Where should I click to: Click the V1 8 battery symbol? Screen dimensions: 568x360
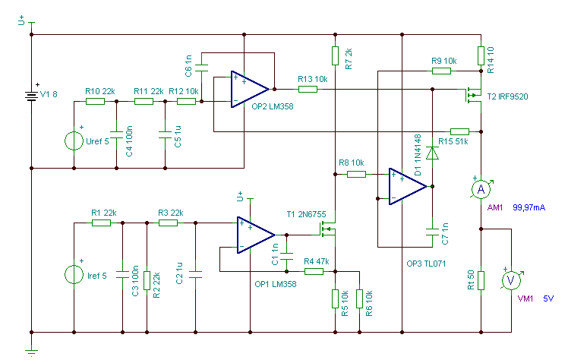(x=32, y=96)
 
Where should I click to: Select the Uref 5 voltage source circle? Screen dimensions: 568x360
(x=74, y=141)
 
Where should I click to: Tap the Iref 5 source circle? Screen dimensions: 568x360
(x=74, y=274)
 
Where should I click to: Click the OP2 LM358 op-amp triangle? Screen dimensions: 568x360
(x=250, y=89)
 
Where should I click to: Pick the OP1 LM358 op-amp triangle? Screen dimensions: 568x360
(x=256, y=235)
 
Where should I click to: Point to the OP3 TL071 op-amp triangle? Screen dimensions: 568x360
(x=408, y=187)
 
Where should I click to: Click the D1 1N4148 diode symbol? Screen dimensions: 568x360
(x=432, y=153)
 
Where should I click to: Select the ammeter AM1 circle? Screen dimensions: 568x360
(x=481, y=189)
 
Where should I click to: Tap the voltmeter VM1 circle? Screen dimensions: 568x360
(x=511, y=280)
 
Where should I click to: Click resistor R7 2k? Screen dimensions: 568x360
(x=335, y=55)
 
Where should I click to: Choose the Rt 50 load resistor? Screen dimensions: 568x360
(x=481, y=280)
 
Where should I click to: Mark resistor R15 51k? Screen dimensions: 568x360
(x=459, y=131)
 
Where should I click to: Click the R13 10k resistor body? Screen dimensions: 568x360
(x=308, y=89)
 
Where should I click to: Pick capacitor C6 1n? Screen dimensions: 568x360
(x=201, y=68)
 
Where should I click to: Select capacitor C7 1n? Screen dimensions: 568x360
(x=432, y=232)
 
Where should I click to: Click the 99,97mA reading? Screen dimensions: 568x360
(x=529, y=207)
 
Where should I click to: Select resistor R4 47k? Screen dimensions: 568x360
(x=314, y=271)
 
